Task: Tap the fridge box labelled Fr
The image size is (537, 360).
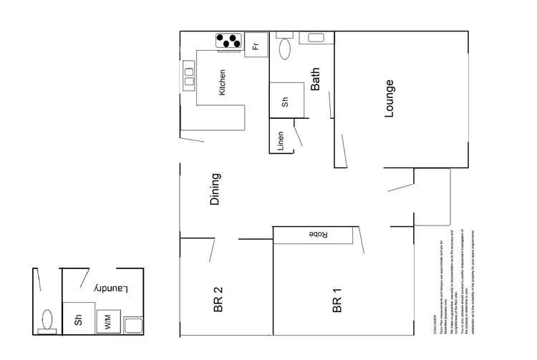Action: (x=255, y=47)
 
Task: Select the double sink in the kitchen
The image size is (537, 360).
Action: (x=190, y=75)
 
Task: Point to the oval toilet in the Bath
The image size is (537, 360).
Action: (x=284, y=49)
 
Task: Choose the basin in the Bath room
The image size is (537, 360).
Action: (x=316, y=38)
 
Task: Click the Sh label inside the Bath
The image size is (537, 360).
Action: (x=284, y=102)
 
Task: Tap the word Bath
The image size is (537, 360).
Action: (x=316, y=79)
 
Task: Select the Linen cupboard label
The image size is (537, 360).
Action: (x=281, y=141)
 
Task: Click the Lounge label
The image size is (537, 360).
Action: (x=390, y=98)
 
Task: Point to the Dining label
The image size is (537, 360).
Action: (x=215, y=190)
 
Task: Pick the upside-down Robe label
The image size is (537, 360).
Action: (x=318, y=235)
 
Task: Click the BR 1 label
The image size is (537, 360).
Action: (x=337, y=301)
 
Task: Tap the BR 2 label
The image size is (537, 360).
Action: (x=219, y=299)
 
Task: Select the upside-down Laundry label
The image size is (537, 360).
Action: (x=110, y=288)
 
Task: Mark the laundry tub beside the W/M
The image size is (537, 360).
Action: (x=134, y=326)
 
